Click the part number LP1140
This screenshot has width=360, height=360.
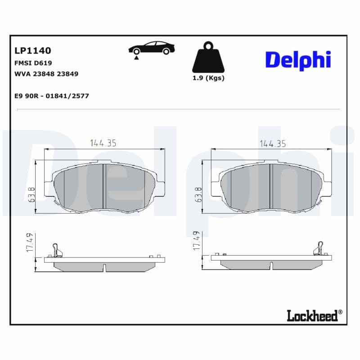(33, 50)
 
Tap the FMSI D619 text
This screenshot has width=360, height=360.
(33, 63)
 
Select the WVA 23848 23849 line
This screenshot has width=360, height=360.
(47, 74)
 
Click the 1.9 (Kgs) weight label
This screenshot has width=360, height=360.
(208, 78)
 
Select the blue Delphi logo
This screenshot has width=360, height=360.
(298, 60)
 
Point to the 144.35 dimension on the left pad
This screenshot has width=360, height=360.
(103, 143)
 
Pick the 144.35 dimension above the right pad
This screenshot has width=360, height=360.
(272, 144)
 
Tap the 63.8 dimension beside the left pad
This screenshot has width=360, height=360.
(32, 194)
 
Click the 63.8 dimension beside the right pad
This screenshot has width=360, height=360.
(198, 194)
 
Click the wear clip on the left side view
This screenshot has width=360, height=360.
(56, 249)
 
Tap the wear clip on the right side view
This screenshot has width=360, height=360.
(318, 249)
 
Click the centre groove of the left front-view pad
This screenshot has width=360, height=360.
(104, 186)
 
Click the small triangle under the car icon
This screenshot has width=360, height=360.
(135, 58)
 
